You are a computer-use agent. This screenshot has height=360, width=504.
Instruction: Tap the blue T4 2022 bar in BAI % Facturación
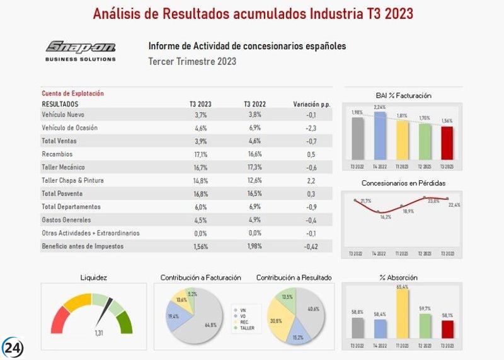click(380, 136)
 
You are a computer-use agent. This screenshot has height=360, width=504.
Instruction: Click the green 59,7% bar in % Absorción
click(425, 326)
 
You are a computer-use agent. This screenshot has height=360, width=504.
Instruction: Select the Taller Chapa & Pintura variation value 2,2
click(310, 180)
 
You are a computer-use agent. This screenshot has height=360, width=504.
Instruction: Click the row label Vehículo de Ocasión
click(69, 128)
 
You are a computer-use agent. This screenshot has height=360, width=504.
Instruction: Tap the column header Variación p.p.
click(311, 104)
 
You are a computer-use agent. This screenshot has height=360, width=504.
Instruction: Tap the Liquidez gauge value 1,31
click(99, 333)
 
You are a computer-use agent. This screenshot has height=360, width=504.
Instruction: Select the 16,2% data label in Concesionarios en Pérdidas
click(386, 217)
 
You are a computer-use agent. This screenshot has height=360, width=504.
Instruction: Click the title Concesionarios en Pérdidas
click(403, 183)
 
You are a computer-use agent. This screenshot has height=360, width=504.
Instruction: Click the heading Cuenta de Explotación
click(72, 93)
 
